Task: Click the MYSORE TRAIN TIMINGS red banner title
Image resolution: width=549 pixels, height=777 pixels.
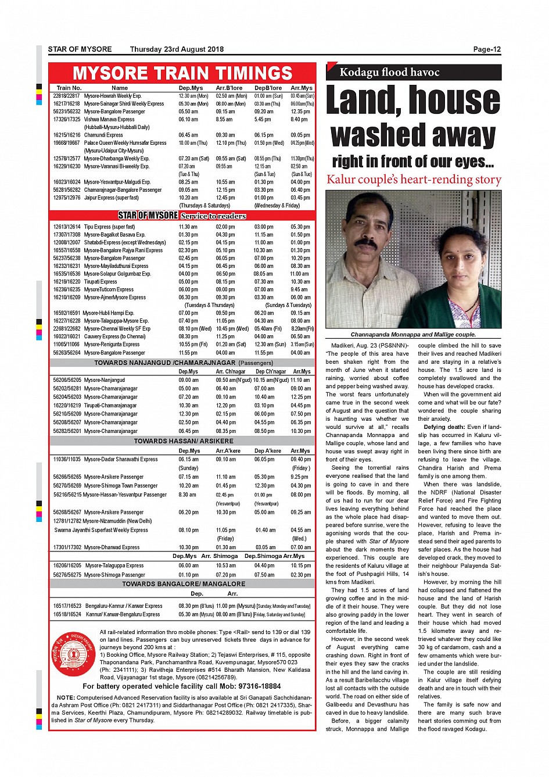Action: coord(182,73)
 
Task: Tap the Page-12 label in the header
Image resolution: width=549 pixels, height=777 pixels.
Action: coord(487,49)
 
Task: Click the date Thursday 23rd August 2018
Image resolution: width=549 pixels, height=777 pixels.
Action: coord(177,49)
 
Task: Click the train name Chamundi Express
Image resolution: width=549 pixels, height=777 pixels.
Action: coord(103,135)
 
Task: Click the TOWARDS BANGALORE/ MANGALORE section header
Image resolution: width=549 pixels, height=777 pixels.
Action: coord(184,584)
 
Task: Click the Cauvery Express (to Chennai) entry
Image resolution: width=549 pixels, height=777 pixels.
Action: coord(114,336)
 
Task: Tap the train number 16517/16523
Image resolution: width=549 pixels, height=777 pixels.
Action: coord(67,606)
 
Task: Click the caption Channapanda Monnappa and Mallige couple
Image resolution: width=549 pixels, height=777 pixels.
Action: coord(413,335)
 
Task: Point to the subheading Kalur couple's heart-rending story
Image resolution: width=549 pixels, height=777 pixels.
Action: coord(414,180)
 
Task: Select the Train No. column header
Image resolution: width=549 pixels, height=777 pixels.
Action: coord(69,88)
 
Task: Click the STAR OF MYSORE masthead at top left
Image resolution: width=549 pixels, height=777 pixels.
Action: coord(80,49)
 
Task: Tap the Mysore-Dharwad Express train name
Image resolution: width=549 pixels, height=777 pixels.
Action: coord(112,547)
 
